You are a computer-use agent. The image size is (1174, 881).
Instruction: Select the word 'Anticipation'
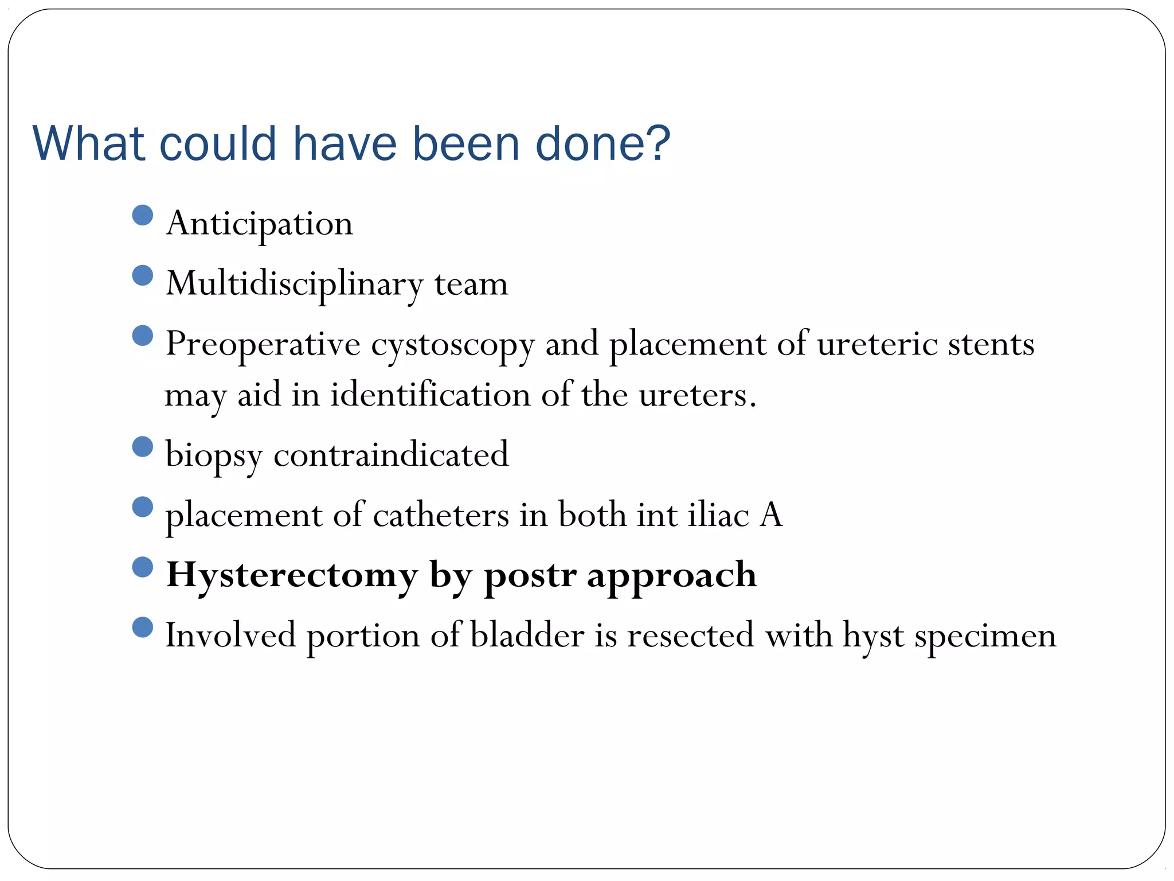click(x=259, y=224)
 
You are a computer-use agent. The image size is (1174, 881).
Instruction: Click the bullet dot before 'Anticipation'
click(x=142, y=215)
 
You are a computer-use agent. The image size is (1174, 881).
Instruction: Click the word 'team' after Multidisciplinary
click(x=471, y=284)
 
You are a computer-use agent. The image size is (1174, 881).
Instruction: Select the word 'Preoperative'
click(x=263, y=345)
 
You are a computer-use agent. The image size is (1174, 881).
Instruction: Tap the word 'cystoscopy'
click(x=452, y=345)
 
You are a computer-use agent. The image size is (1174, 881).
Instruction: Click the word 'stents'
click(x=991, y=345)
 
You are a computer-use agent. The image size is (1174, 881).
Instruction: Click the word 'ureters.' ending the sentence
click(x=698, y=395)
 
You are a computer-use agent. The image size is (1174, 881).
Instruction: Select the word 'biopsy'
click(x=214, y=455)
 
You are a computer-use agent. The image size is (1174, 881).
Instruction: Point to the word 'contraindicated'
click(x=391, y=454)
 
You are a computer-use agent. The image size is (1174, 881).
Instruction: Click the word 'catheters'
click(x=441, y=514)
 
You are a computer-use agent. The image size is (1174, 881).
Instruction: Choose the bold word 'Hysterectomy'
click(x=292, y=575)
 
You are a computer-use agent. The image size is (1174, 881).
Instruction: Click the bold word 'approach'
click(x=671, y=575)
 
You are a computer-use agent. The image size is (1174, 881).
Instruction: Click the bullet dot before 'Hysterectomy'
click(x=142, y=567)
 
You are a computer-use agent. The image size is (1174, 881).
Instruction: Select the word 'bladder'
click(x=527, y=636)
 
